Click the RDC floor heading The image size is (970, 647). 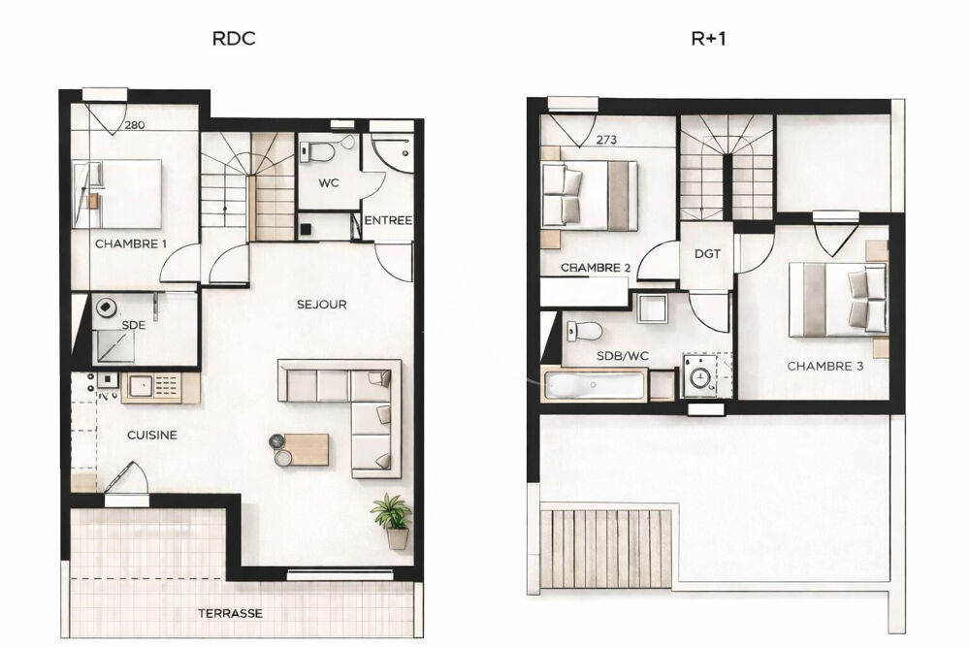pyautogui.click(x=233, y=39)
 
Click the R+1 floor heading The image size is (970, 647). pyautogui.click(x=708, y=39)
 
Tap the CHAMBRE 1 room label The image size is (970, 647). pyautogui.click(x=131, y=243)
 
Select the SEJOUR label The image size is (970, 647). pyautogui.click(x=322, y=305)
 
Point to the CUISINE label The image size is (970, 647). pyautogui.click(x=152, y=435)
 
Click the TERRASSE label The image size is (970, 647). pyautogui.click(x=230, y=614)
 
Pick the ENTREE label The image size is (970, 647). pyautogui.click(x=388, y=220)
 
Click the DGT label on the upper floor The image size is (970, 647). pyautogui.click(x=707, y=253)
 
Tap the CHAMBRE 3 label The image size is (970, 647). pyautogui.click(x=825, y=366)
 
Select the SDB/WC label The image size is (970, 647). pyautogui.click(x=623, y=356)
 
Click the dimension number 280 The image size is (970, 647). pyautogui.click(x=134, y=125)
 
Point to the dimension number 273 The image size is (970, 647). pyautogui.click(x=606, y=140)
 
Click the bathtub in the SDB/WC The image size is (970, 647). pyautogui.click(x=595, y=385)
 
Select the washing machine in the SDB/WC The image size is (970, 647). pyautogui.click(x=700, y=375)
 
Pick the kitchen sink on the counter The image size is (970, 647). pyautogui.click(x=141, y=387)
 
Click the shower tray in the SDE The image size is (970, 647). pyautogui.click(x=113, y=347)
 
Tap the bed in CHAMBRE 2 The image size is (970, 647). pyautogui.click(x=589, y=195)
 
